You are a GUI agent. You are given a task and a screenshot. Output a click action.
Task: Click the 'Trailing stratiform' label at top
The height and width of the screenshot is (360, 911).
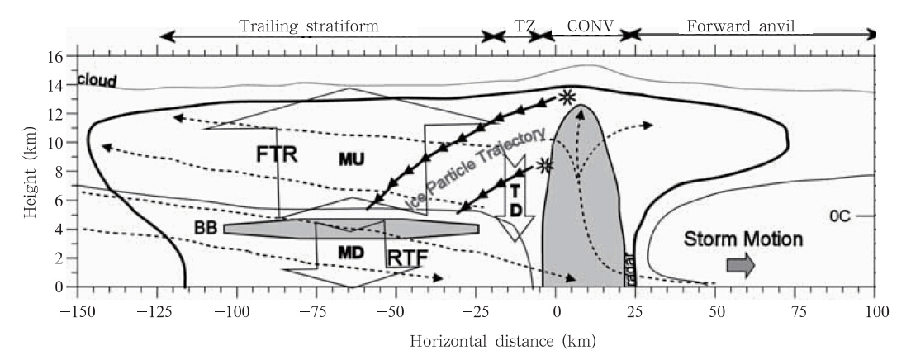(309, 26)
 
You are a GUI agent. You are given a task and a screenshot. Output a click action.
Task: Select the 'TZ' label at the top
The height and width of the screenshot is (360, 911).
(524, 26)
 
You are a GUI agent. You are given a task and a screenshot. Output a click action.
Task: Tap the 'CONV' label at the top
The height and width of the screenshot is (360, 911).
(590, 26)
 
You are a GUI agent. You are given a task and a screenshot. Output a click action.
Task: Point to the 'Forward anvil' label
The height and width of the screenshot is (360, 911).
(737, 26)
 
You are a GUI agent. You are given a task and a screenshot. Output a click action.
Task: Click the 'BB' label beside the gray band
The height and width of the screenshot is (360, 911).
(206, 229)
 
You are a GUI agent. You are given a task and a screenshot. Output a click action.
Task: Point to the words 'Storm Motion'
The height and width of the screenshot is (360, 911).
(743, 239)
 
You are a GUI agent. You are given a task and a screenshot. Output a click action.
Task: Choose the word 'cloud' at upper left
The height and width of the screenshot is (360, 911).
(97, 81)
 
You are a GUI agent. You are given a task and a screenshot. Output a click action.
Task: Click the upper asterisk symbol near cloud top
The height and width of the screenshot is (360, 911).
(567, 97)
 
